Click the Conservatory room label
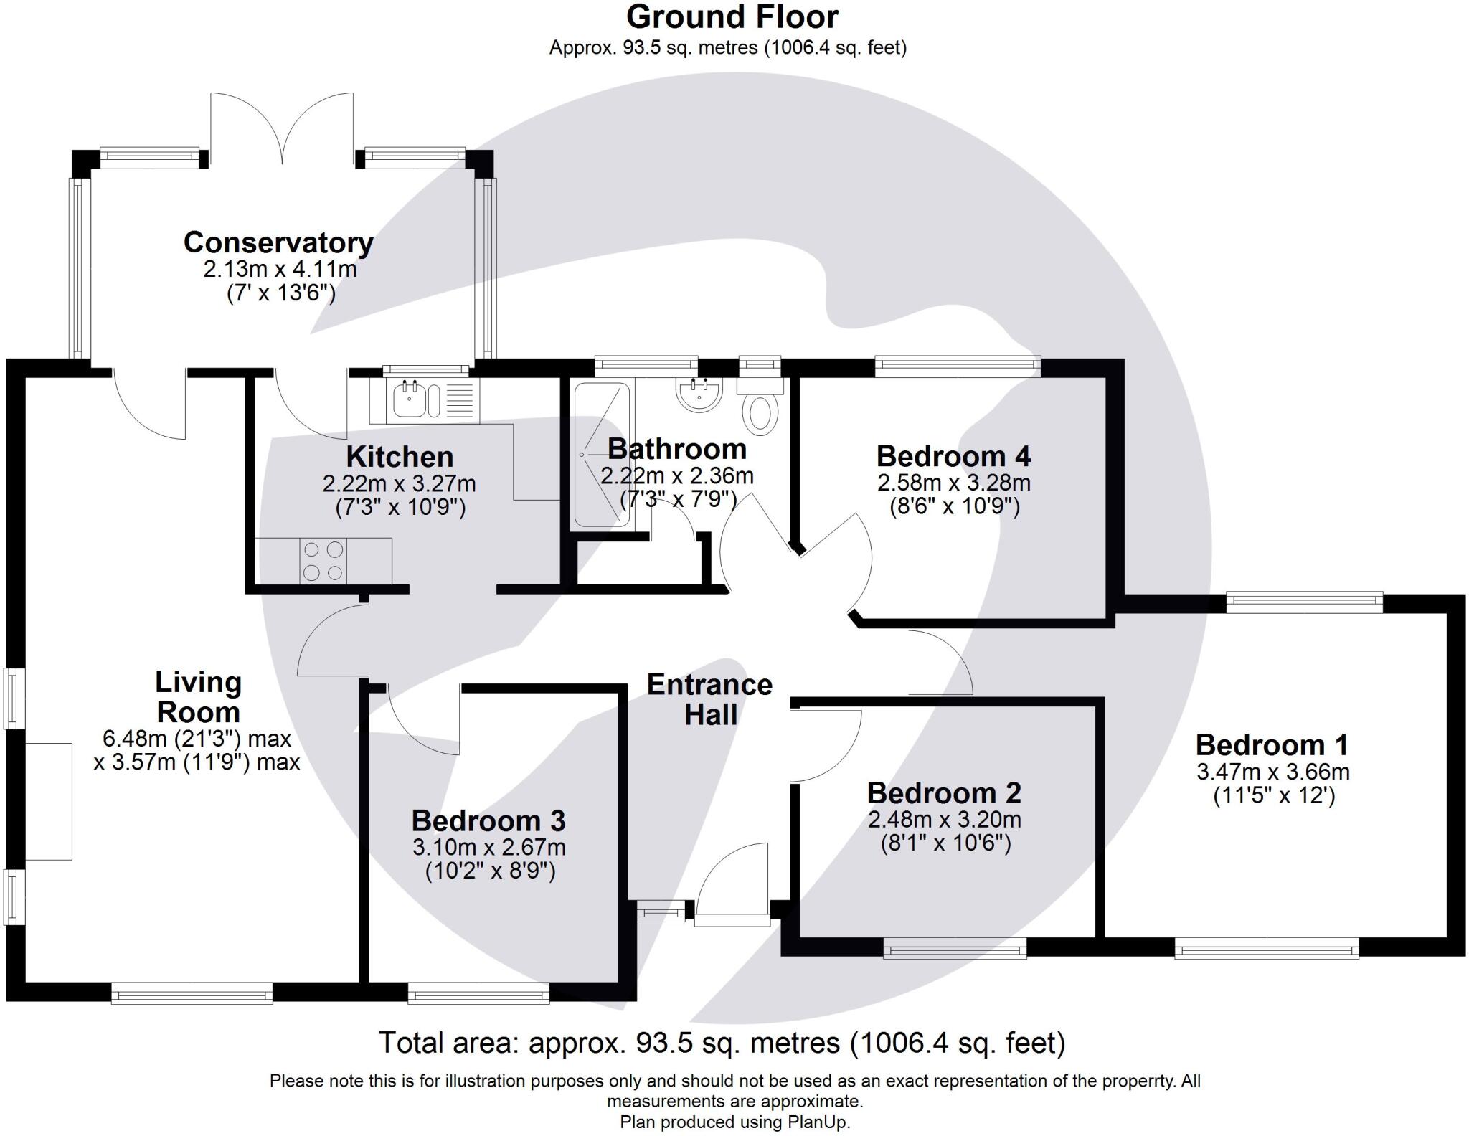(x=278, y=242)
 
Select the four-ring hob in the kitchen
(x=323, y=561)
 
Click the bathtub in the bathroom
(x=602, y=455)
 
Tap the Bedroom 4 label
(x=953, y=456)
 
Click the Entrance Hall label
(x=709, y=699)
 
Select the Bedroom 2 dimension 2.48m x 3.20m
(x=945, y=819)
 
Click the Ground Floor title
(x=732, y=16)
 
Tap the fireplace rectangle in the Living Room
(x=49, y=801)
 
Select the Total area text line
(x=722, y=1043)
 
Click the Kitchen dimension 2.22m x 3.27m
(x=399, y=483)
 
